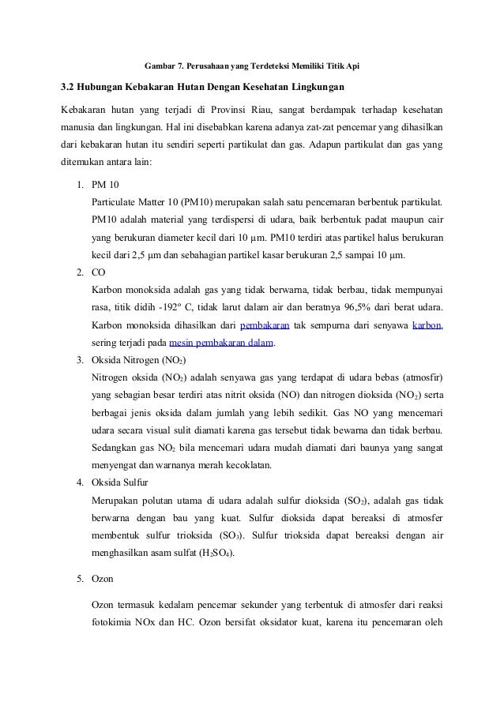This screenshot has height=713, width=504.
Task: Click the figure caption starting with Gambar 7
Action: coord(251,63)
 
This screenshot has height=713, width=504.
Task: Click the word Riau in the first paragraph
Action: coord(257,107)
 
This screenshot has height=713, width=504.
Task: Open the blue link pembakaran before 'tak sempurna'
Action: coord(265,325)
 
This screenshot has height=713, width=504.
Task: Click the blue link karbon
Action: coord(427,325)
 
